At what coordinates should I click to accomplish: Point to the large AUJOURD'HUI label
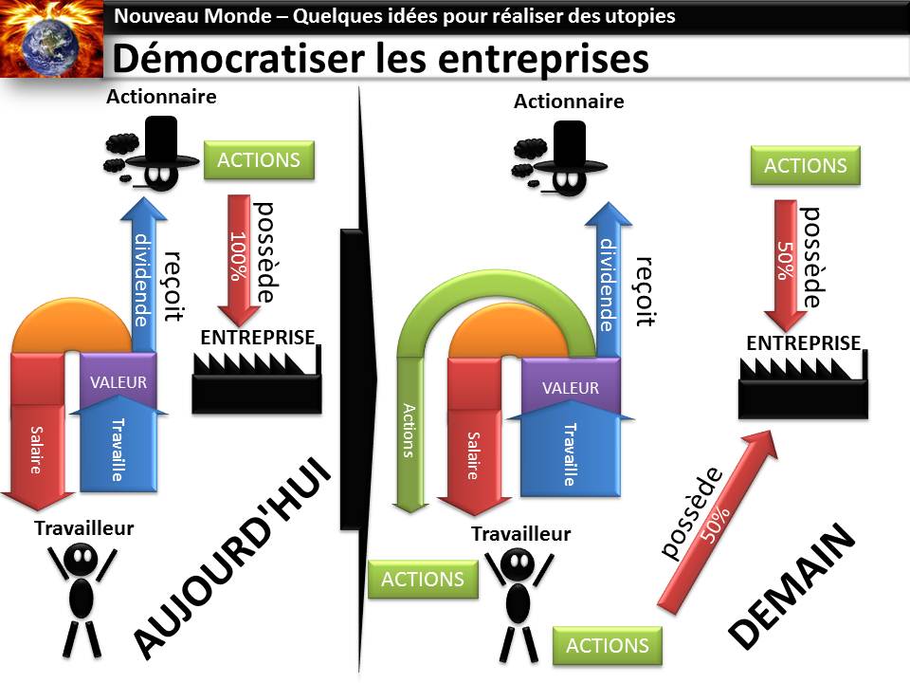click(233, 561)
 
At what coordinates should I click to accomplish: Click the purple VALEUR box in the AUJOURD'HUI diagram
click(118, 382)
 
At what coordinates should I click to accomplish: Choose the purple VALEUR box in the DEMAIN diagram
click(571, 388)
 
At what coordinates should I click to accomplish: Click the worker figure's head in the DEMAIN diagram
click(517, 565)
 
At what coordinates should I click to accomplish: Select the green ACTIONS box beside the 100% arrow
click(259, 159)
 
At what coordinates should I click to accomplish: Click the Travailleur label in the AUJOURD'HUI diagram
click(84, 528)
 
